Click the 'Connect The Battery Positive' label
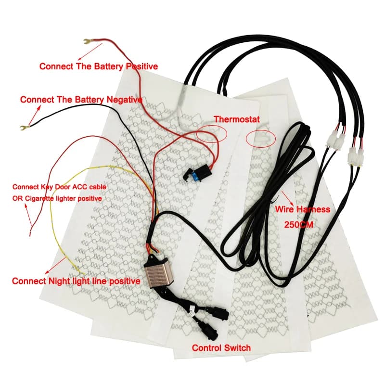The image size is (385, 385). (99, 66)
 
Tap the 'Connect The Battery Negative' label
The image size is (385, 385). (81, 100)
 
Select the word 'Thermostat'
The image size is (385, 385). (237, 119)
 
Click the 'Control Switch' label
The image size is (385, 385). (221, 347)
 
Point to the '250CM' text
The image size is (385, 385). (298, 224)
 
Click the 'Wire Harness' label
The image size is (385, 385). (303, 209)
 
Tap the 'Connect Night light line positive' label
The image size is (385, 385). (76, 281)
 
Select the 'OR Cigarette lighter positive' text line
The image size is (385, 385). (57, 198)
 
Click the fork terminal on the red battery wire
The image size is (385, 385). (88, 41)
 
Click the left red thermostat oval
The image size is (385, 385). (212, 133)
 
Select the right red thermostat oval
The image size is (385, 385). (261, 139)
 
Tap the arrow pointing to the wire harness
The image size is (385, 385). (287, 198)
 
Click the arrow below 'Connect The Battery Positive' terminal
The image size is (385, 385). (90, 52)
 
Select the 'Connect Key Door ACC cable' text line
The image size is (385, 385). (59, 187)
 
